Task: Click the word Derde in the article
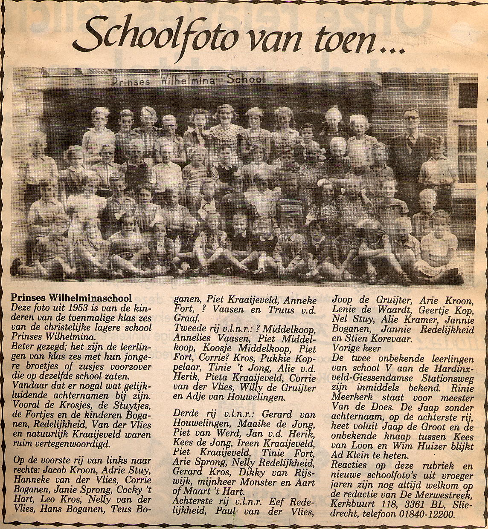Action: [x=186, y=414]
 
